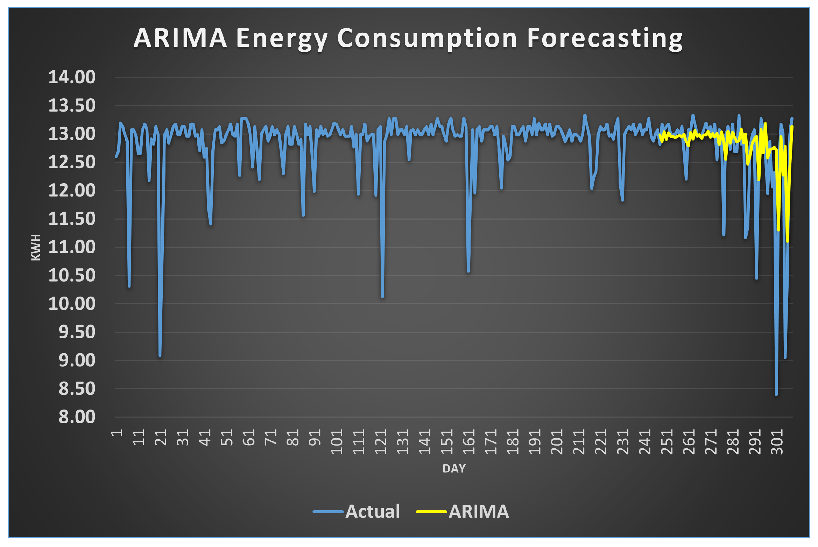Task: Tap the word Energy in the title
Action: tap(282, 38)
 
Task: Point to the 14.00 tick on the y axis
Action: tap(72, 77)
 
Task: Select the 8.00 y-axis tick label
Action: tap(77, 417)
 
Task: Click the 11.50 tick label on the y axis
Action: tap(72, 219)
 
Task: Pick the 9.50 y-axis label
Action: tap(77, 332)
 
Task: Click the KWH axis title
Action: tap(36, 247)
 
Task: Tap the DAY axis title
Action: tap(454, 468)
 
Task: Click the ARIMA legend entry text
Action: tap(478, 511)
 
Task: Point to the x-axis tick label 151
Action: tap(447, 442)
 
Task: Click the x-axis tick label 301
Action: tap(777, 442)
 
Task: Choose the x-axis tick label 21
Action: tap(161, 438)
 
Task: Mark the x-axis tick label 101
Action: tap(337, 442)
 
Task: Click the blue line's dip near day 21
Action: tap(160, 355)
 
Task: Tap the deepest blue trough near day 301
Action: tap(776, 394)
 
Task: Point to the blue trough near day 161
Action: tap(468, 271)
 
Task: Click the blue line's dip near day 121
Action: tap(382, 297)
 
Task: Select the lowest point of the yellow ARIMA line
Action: tap(788, 241)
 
